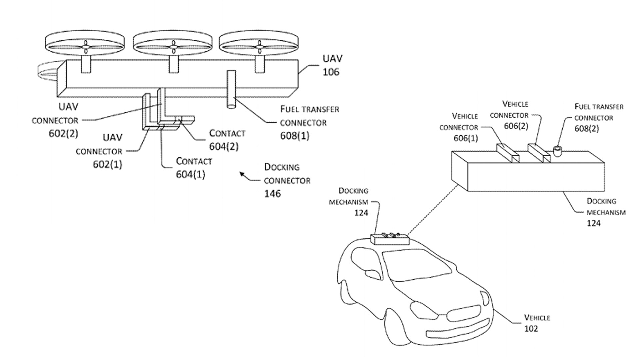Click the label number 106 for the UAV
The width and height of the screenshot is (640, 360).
(331, 72)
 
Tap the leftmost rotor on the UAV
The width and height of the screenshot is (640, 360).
(85, 43)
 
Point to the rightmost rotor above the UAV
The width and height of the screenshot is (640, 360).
(259, 43)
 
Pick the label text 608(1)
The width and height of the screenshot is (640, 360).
(295, 136)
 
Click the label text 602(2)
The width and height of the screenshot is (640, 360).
(63, 134)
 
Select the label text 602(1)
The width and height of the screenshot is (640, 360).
(107, 165)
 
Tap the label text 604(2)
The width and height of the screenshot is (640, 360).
(224, 147)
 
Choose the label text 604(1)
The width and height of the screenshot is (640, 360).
(190, 174)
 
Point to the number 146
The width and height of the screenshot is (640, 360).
(272, 194)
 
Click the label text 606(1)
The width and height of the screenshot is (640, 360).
(465, 138)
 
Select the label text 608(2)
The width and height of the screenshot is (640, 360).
(586, 129)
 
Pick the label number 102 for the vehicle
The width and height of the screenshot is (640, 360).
(531, 329)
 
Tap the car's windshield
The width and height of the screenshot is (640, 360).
(417, 267)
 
